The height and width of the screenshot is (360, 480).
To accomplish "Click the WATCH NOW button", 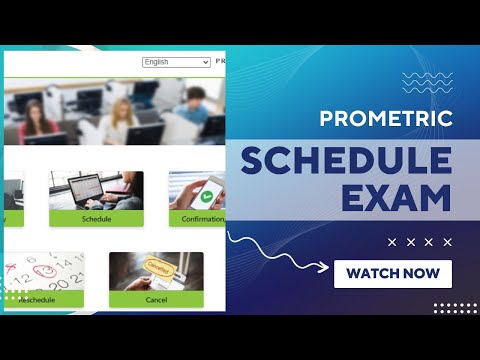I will click(392, 273).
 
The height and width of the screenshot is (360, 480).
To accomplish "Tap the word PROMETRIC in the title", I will click(386, 119).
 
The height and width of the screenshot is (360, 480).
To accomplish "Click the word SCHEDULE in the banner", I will click(346, 162).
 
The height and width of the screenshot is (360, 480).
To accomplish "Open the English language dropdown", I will click(176, 62).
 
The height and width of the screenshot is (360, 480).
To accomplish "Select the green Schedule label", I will click(96, 219).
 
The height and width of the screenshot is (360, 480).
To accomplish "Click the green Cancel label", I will click(156, 299).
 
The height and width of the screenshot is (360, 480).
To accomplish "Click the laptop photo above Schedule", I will click(96, 191).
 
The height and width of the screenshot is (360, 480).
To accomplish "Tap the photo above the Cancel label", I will click(156, 271).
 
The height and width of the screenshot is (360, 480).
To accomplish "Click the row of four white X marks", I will click(419, 242).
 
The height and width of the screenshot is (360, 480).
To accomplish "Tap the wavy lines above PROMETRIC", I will click(427, 82).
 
